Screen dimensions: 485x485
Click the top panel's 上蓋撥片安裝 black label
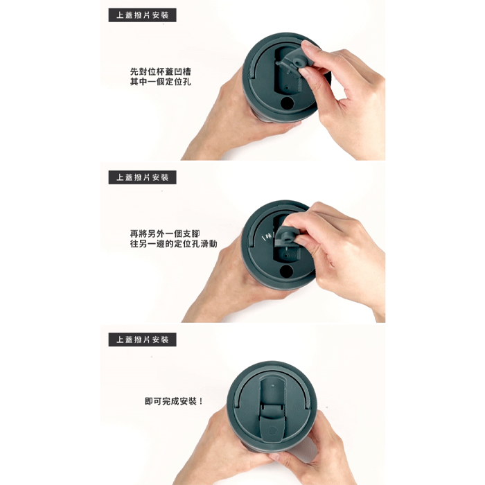(x=142, y=15)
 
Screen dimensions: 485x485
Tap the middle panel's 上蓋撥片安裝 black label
(x=142, y=177)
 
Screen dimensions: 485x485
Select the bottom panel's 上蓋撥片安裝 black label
(x=142, y=339)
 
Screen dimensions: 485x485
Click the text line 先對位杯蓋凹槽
(x=160, y=72)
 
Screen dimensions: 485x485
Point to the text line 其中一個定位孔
(x=160, y=82)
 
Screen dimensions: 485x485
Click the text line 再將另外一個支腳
(x=165, y=234)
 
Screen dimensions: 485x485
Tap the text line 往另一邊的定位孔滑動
(x=173, y=244)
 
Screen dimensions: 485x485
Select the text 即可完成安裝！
(x=173, y=401)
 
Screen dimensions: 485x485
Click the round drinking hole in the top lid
(x=287, y=103)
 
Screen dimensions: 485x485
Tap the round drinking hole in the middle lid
(x=286, y=272)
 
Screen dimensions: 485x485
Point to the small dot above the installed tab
(x=272, y=387)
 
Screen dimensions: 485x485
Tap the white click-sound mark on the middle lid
(x=268, y=237)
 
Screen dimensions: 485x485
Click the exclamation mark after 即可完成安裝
(x=201, y=401)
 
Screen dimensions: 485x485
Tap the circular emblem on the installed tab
(x=272, y=431)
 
